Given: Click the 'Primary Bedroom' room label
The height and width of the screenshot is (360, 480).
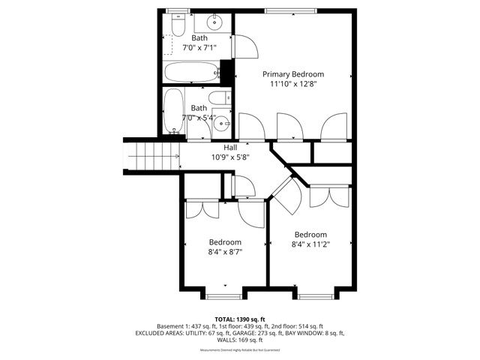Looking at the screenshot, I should pos(293,74).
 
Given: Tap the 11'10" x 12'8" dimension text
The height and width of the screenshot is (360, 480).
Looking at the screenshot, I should pos(293,85).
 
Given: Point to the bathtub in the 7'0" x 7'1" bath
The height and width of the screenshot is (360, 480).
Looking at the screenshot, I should pos(192,73).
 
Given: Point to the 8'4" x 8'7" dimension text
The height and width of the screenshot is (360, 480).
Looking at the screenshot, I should pos(225,253).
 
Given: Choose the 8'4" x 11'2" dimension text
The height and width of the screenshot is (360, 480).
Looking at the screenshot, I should pos(310,244).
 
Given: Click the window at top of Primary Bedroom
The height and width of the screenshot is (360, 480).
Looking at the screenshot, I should pos(284,10).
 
